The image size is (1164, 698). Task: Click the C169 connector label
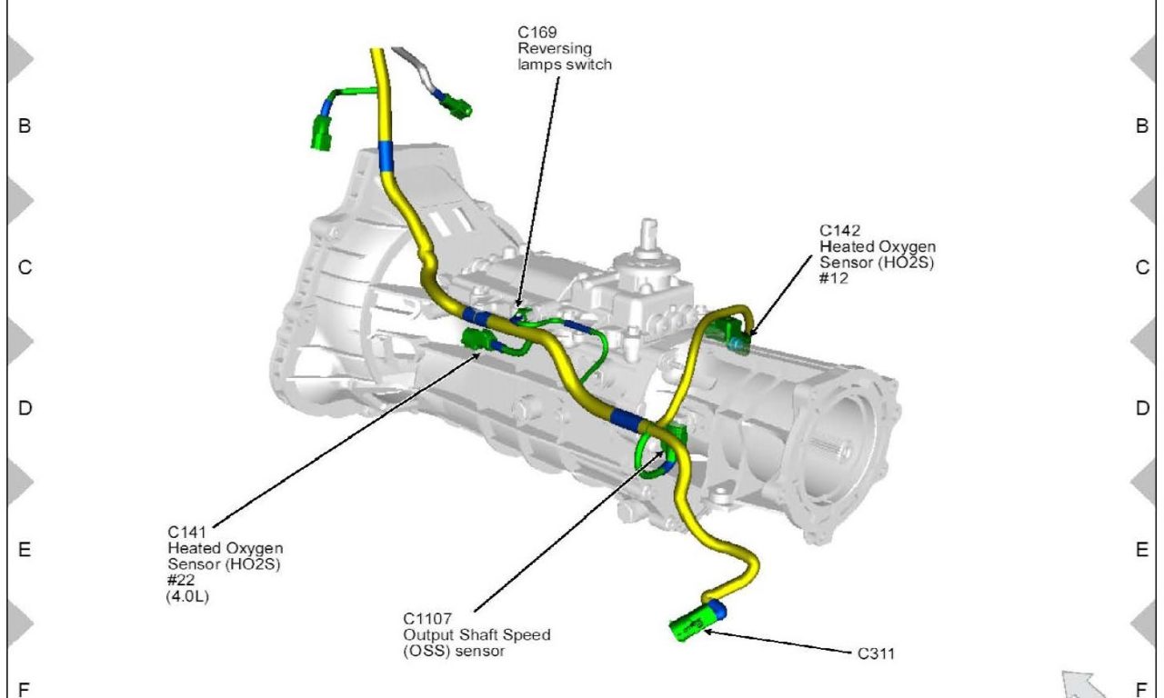(533, 33)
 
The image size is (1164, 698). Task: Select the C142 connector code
(839, 231)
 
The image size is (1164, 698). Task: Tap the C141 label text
(187, 533)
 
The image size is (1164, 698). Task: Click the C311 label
(876, 653)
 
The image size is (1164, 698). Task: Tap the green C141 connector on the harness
(478, 341)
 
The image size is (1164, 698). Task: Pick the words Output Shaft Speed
(477, 634)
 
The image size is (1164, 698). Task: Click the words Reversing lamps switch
(564, 56)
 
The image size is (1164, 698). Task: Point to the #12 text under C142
(833, 278)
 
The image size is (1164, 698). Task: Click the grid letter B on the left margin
(25, 126)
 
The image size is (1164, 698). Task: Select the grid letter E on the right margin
(1142, 550)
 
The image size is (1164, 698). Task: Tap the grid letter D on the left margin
(25, 409)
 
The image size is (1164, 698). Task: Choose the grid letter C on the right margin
(1142, 268)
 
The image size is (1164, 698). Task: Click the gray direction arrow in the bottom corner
(1083, 684)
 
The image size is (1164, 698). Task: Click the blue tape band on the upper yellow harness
(386, 156)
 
